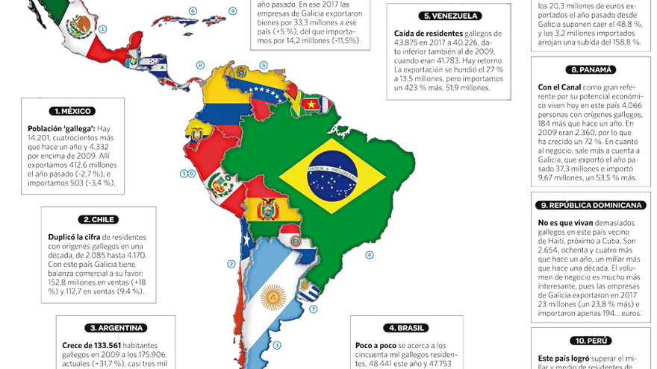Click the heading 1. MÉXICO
[73, 111]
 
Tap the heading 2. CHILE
[99, 219]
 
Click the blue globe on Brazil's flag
[332, 176]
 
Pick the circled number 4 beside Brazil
[369, 254]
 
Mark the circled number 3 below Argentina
[277, 345]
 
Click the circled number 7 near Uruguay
[314, 309]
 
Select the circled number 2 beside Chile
[231, 264]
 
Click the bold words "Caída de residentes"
[427, 34]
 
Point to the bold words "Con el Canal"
[560, 87]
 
